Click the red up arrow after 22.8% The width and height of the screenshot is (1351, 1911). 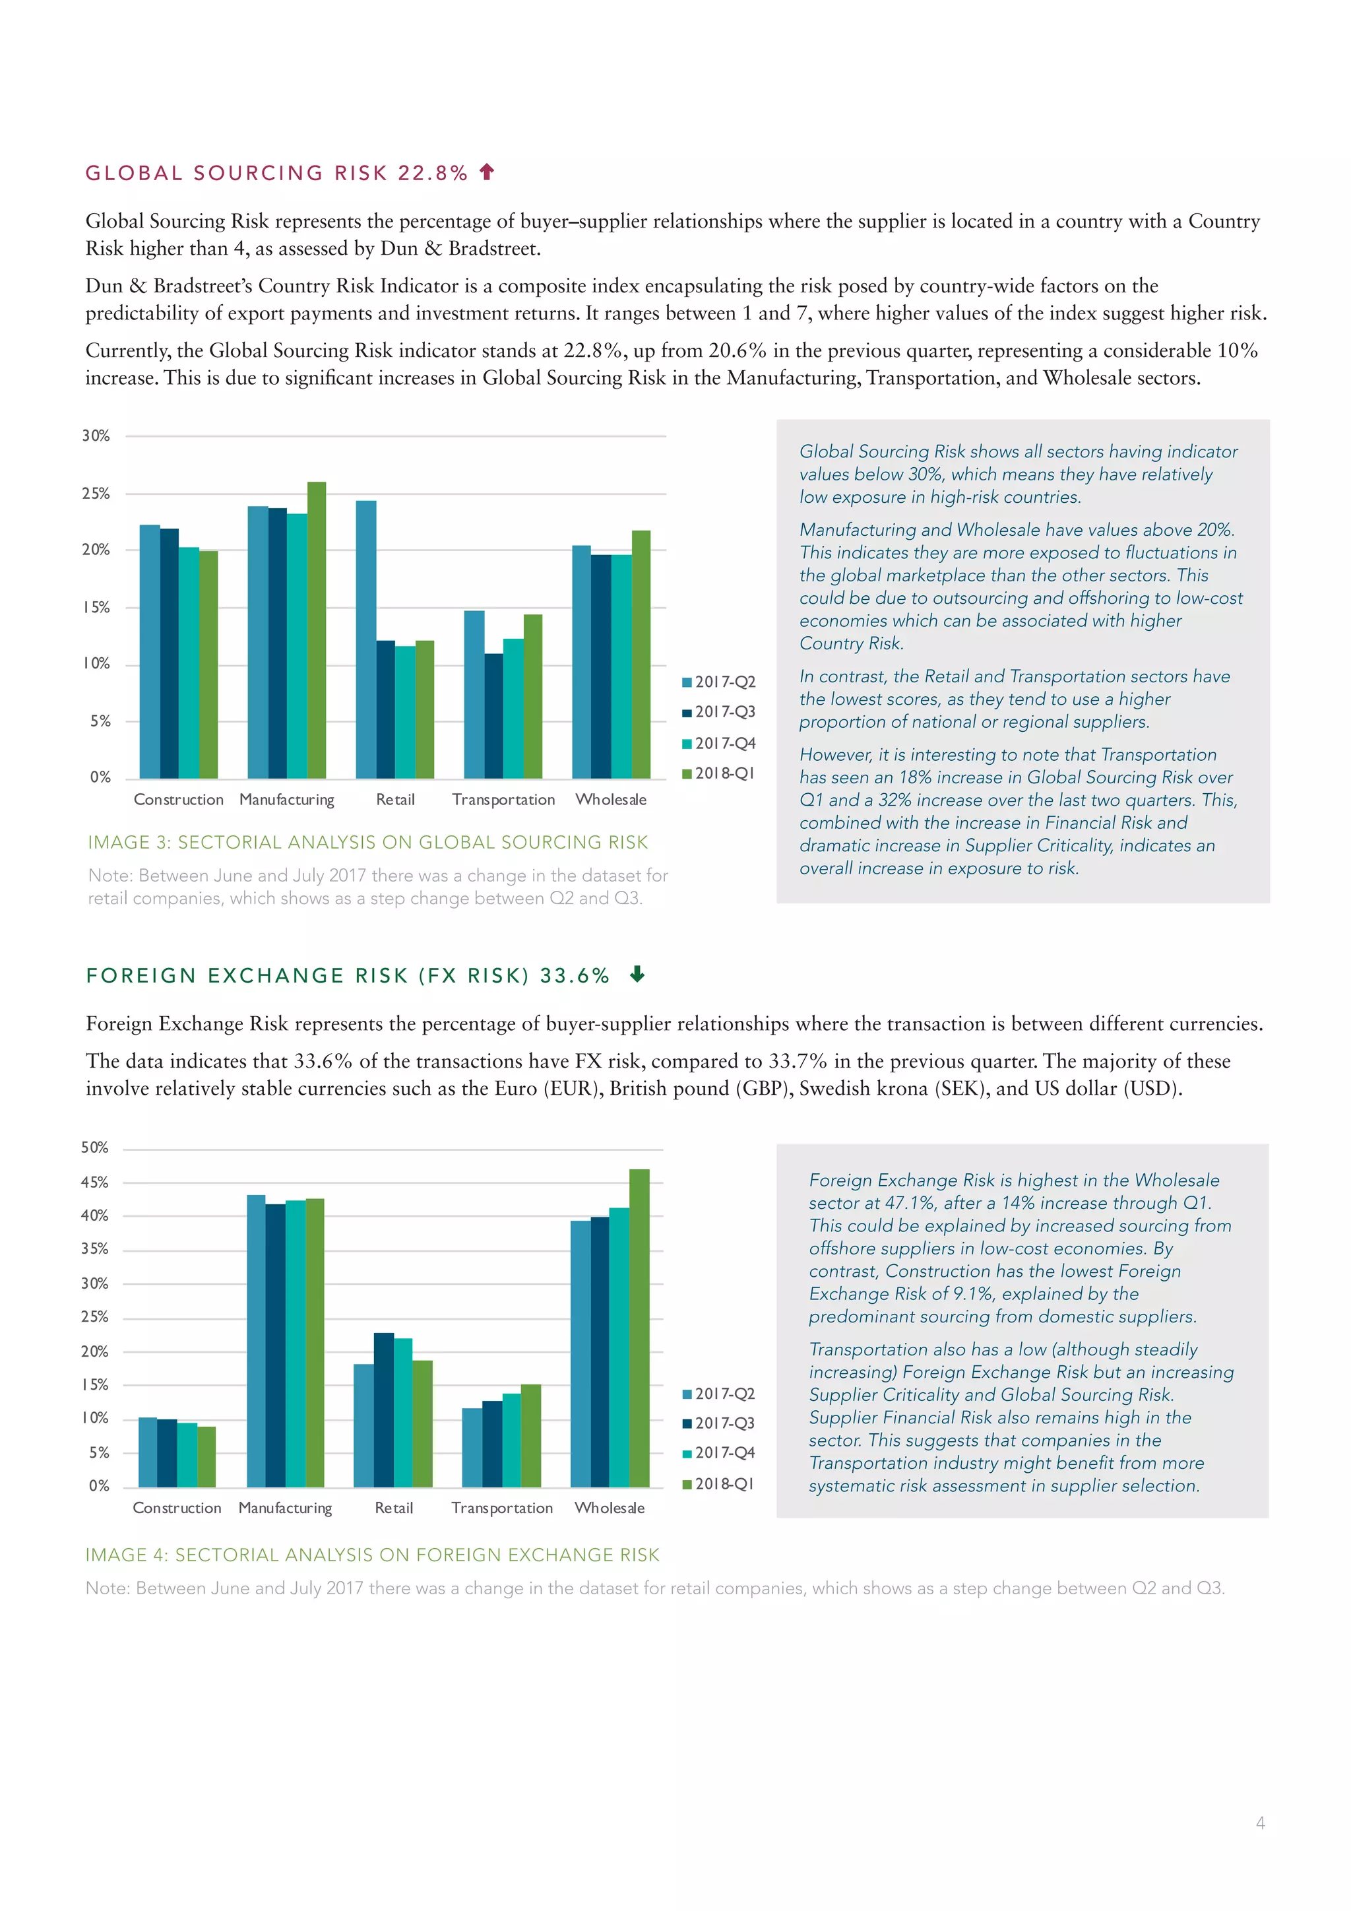tap(487, 172)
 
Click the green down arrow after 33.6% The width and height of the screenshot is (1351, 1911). tap(637, 974)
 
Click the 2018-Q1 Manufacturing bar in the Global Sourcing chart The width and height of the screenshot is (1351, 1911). tap(317, 630)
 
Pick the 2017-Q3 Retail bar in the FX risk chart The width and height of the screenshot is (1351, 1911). tap(383, 1410)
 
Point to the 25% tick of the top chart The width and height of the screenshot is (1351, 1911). tap(96, 494)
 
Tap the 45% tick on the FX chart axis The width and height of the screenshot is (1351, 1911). tap(94, 1182)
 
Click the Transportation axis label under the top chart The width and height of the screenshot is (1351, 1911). tap(503, 800)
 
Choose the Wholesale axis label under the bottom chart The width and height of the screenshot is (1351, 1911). tap(609, 1508)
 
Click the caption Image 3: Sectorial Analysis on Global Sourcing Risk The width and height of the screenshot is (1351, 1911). tap(367, 842)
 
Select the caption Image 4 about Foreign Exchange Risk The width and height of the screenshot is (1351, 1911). tap(372, 1555)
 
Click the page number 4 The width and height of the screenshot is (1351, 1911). tap(1261, 1823)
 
